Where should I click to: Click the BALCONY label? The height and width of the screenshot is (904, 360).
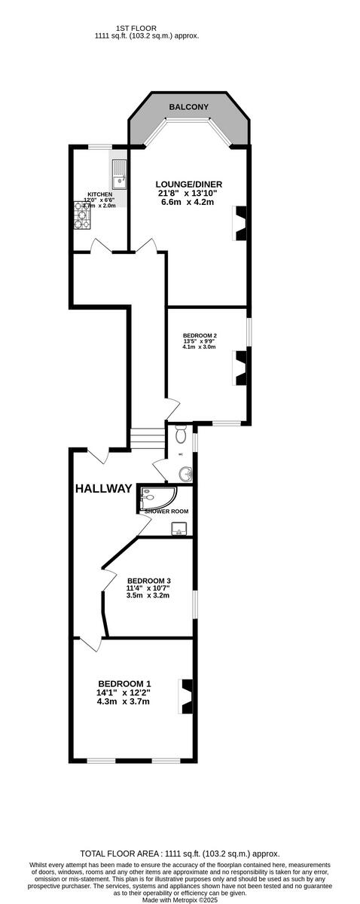[188, 108]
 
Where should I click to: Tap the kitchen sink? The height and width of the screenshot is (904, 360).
[119, 176]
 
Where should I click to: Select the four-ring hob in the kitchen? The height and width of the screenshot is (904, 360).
[82, 215]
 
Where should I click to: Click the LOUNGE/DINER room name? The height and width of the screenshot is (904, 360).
[189, 185]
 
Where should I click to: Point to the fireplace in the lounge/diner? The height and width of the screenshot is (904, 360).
[240, 224]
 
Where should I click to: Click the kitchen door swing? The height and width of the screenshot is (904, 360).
[99, 246]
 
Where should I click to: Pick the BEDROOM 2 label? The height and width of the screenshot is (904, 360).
[200, 335]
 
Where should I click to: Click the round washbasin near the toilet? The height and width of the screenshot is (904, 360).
[185, 474]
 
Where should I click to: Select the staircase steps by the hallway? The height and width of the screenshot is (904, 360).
[148, 438]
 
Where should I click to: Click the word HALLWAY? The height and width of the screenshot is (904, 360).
[104, 489]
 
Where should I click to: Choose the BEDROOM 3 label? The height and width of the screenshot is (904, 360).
[148, 580]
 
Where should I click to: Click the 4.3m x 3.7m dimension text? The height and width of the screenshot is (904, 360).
[124, 701]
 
